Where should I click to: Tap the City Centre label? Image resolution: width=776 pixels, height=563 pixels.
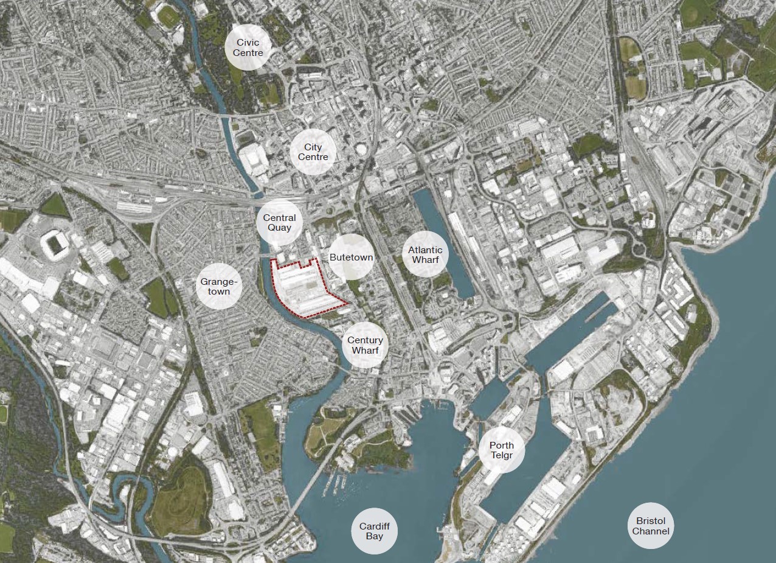(313, 152)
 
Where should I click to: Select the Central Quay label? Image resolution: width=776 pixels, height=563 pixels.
(279, 223)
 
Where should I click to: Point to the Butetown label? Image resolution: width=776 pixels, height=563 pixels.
(351, 257)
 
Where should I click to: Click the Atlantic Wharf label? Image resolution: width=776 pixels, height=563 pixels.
(425, 255)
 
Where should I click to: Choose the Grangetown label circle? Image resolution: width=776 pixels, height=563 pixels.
(215, 287)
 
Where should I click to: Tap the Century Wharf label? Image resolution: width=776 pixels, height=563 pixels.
(365, 345)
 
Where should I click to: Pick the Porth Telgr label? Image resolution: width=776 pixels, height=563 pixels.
(501, 450)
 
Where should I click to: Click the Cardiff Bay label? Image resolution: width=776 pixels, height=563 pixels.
(375, 531)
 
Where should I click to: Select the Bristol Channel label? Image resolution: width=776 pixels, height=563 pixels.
(651, 526)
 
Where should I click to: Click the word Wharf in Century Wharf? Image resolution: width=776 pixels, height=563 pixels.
(365, 351)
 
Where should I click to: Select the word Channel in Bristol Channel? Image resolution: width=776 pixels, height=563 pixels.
(651, 531)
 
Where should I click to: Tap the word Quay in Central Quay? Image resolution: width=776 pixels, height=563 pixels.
(279, 228)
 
